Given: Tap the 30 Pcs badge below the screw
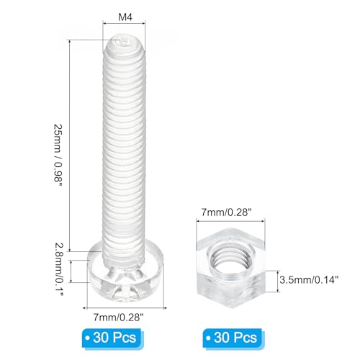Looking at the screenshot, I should pyautogui.click(x=117, y=337).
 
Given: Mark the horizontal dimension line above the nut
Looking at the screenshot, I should pyautogui.click(x=229, y=222).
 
